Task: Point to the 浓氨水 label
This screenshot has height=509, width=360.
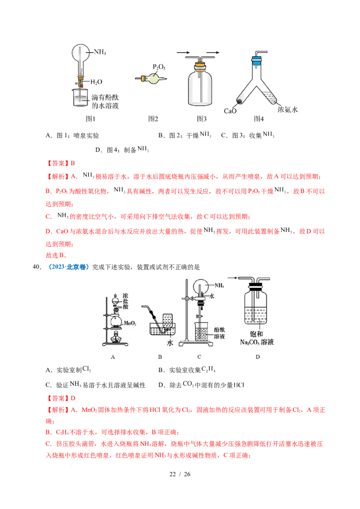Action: click(x=288, y=109)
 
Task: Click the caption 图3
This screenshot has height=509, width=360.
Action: click(x=201, y=119)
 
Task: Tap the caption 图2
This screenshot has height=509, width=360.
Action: click(x=153, y=119)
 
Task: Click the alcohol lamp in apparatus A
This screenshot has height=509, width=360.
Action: click(x=116, y=338)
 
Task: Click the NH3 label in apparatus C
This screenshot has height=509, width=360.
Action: click(x=219, y=285)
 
